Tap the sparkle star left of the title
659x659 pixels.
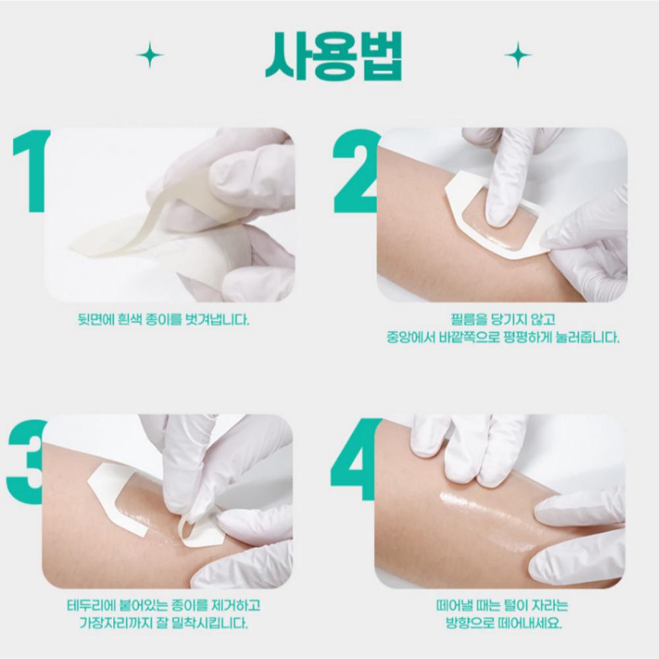(150, 54)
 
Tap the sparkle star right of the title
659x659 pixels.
(517, 54)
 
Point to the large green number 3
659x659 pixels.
(26, 461)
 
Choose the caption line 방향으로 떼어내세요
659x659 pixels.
(503, 623)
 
